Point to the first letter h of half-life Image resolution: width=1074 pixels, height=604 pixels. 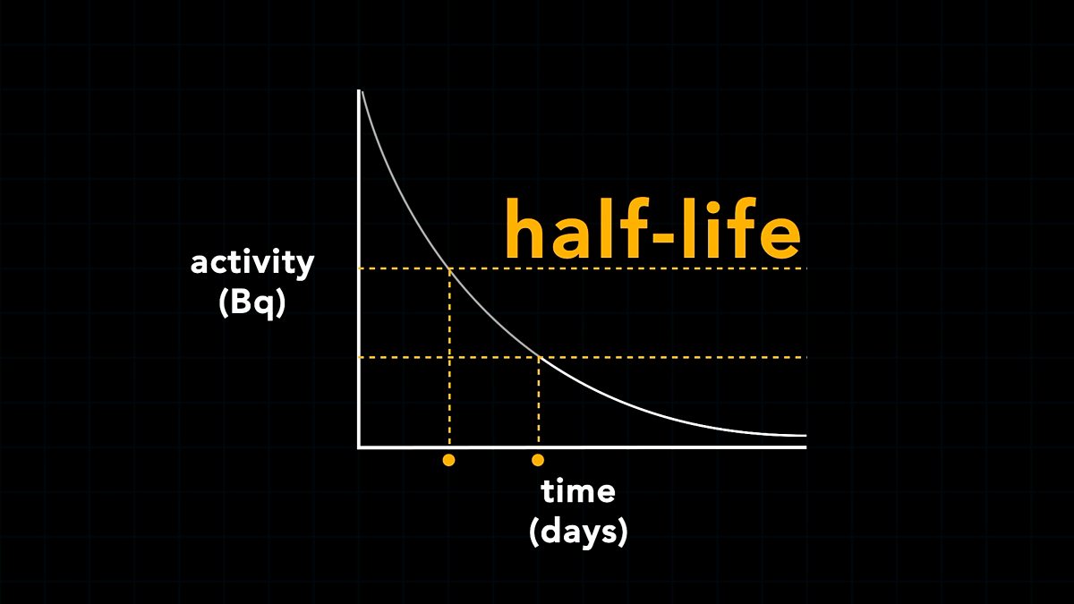coord(523,226)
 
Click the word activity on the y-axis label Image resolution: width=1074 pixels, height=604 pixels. coord(252,264)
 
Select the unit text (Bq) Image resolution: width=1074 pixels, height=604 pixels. coord(252,302)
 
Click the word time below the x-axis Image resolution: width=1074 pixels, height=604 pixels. coord(578,491)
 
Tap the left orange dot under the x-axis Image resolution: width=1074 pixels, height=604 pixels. coord(448,460)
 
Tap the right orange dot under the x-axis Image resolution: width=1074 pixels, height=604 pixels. coord(537,460)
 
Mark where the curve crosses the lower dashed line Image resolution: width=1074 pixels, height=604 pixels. coord(539,357)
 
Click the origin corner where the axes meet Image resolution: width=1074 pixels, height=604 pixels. coord(359,447)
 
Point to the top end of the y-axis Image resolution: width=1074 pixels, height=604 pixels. coord(359,91)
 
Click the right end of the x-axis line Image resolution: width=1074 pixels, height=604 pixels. coord(805,447)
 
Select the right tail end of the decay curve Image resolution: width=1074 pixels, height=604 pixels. coord(804,436)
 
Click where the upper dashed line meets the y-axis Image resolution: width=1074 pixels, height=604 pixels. coord(360,268)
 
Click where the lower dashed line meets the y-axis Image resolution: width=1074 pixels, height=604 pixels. coord(360,357)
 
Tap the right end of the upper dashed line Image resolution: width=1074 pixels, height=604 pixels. coord(804,268)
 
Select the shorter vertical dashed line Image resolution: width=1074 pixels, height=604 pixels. coord(539,403)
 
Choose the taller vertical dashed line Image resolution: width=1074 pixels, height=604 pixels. coord(449,358)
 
